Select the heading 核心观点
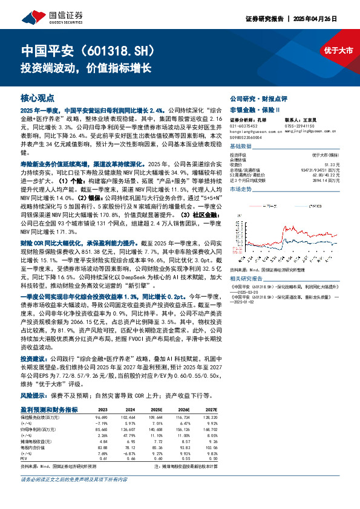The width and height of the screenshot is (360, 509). [38, 97]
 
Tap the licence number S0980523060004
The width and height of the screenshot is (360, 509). [247, 137]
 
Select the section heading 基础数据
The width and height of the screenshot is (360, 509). [242, 146]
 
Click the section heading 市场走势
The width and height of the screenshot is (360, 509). [242, 190]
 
